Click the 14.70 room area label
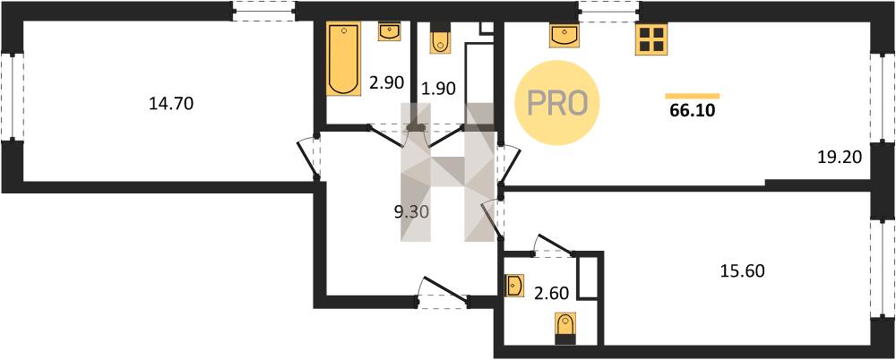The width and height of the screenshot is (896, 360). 171,104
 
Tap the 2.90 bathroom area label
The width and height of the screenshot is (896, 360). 387,83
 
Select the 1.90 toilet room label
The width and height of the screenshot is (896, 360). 439,88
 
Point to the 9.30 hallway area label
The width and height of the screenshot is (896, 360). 411,212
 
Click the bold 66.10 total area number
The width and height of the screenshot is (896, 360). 693,110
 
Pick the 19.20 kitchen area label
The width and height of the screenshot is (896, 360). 839,157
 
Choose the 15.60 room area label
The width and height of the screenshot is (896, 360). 742,270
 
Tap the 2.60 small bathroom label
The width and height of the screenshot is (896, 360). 551,296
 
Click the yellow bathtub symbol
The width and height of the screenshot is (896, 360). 343,58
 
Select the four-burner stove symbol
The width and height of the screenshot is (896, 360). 651,39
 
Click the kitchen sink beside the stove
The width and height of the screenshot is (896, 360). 564,35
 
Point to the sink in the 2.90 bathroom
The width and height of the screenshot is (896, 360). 389,31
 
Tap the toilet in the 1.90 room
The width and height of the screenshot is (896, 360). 440,38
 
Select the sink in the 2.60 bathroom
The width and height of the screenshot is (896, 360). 515,285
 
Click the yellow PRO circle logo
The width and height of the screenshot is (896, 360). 557,103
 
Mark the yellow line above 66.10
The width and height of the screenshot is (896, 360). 693,96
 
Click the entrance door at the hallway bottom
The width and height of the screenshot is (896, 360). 444,291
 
